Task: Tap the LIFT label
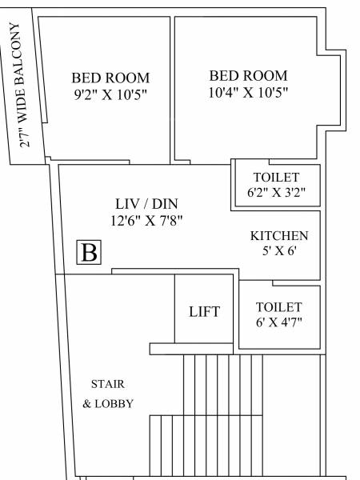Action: pos(204,311)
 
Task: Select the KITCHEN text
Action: pos(279,236)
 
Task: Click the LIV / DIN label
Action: pos(144,203)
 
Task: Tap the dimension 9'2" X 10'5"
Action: pos(110,94)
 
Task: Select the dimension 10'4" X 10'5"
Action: pos(248,92)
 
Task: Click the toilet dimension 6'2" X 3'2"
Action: pos(277,192)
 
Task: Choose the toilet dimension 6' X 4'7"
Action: pos(279,323)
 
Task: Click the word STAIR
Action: pos(108,384)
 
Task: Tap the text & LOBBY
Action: pos(108,403)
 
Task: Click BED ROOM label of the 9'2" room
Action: pos(110,78)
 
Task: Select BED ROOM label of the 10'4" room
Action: pos(248,75)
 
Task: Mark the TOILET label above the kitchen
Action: pos(277,177)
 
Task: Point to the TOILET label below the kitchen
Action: pos(279,307)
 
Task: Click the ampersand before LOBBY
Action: pos(87,404)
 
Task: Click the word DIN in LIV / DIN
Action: pos(166,203)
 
